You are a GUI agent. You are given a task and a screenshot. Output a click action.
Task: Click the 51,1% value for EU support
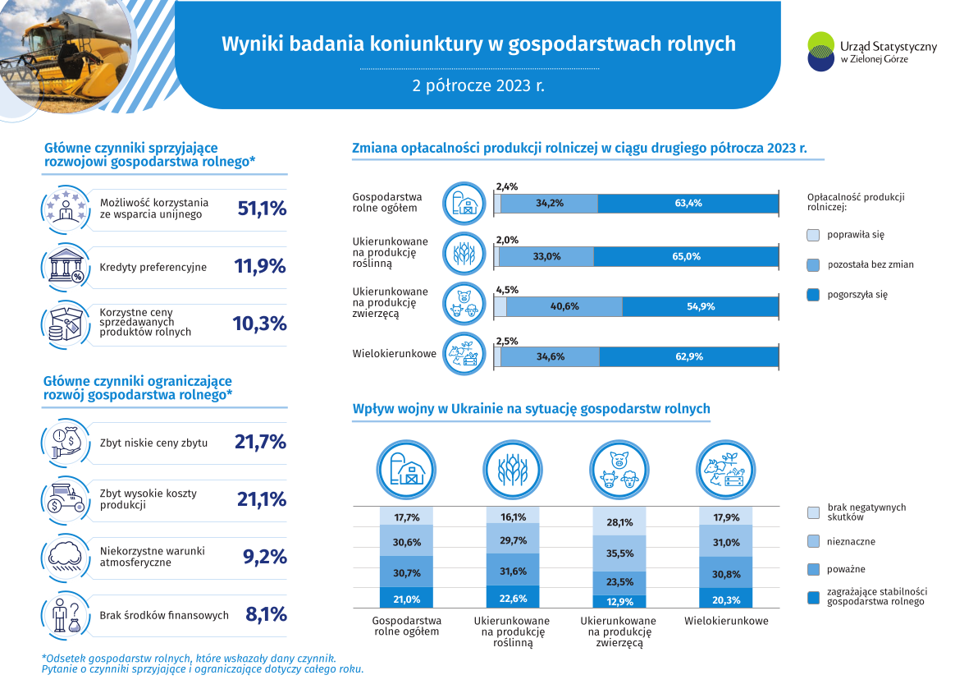click(262, 209)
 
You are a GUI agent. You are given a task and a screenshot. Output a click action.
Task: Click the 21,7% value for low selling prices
click(260, 442)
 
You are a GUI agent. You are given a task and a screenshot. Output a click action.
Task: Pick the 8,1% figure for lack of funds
click(266, 614)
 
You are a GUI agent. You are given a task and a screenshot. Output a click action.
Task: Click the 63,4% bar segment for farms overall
click(688, 204)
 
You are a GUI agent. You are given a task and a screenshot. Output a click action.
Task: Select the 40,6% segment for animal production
click(564, 306)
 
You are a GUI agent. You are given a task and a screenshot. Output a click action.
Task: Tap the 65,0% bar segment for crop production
click(685, 256)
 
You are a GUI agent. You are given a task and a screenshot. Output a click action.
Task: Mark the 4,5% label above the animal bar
click(507, 289)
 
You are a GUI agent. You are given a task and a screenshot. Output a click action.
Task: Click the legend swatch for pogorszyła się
click(813, 294)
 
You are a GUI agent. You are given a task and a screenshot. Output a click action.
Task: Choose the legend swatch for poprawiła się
click(813, 235)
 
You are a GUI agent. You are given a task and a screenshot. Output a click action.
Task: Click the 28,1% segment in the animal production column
click(619, 522)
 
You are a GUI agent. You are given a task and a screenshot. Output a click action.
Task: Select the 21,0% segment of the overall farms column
click(407, 599)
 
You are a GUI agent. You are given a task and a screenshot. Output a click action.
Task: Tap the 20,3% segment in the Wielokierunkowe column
click(726, 599)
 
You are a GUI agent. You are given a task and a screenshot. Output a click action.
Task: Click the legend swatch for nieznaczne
click(813, 542)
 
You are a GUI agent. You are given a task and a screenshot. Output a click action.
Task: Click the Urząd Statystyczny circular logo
click(821, 52)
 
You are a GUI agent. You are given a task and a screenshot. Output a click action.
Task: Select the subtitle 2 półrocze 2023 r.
click(478, 85)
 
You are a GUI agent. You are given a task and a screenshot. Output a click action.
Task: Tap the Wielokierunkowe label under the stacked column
click(726, 621)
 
